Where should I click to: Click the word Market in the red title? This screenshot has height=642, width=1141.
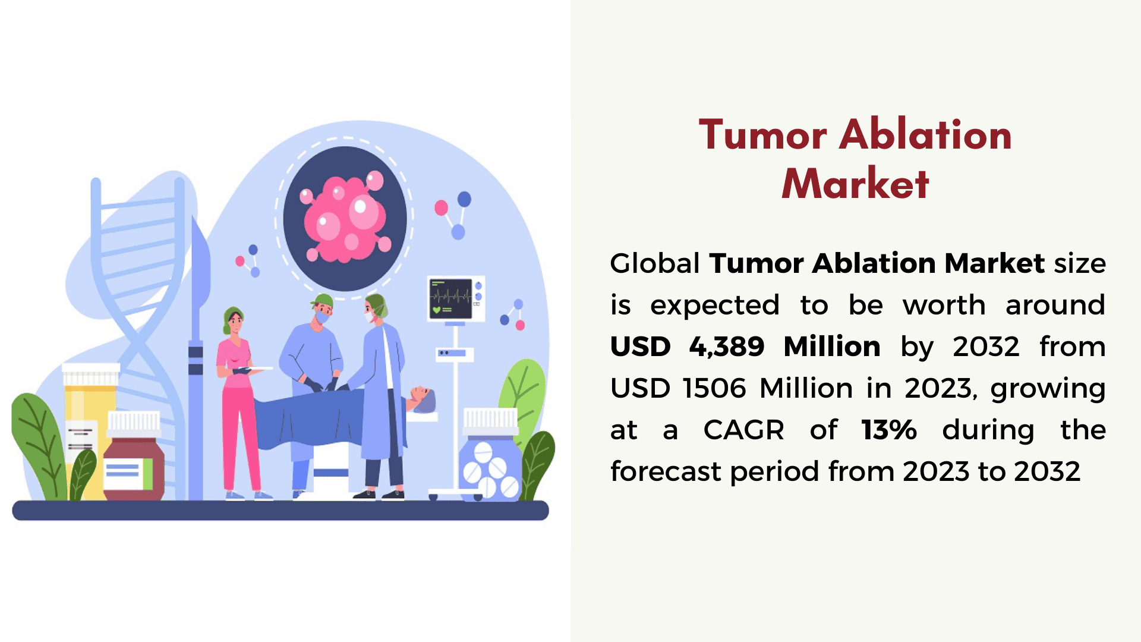pos(855,184)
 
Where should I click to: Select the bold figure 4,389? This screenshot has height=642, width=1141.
pos(726,347)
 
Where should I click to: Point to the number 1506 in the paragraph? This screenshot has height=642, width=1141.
pos(714,388)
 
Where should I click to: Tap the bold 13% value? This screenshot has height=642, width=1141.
pos(889,430)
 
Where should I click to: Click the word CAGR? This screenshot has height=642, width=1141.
pos(743,430)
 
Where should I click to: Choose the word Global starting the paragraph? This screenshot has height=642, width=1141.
pos(655,263)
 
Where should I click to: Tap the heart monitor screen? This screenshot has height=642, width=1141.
pos(451,298)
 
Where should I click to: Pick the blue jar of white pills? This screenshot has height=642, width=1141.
pos(490,454)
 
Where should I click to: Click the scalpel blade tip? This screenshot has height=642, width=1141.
pos(194,218)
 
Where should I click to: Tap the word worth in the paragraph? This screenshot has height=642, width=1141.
pos(944,305)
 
